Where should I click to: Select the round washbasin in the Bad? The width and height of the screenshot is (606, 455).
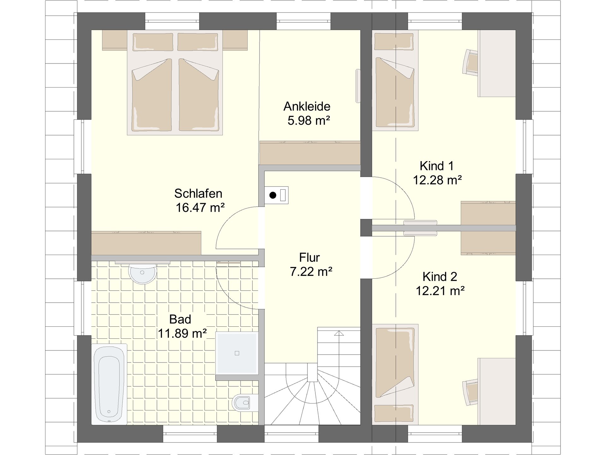pos(143,273)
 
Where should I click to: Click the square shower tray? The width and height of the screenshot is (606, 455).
pos(237,353)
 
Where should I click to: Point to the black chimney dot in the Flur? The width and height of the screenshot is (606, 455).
pos(273,195)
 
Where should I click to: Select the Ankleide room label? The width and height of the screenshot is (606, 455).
pos(307,106)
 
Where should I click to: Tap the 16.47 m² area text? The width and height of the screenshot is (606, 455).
pos(200,208)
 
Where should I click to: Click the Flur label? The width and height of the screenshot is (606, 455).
pos(309,258)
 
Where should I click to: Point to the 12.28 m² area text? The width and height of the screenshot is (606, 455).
pos(437,180)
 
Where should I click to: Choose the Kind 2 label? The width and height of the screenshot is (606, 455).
pos(440,277)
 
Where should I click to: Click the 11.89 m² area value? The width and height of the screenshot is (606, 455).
pos(182,333)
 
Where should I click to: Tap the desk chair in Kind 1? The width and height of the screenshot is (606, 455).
pos(471,62)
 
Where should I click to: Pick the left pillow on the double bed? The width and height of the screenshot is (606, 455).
pos(153,42)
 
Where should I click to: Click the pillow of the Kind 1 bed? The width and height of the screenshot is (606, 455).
pos(394,42)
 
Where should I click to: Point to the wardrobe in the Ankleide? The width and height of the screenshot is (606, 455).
pos(310,153)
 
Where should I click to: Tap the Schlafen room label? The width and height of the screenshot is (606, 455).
pos(198,193)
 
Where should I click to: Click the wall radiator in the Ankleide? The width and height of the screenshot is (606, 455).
pos(358,86)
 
